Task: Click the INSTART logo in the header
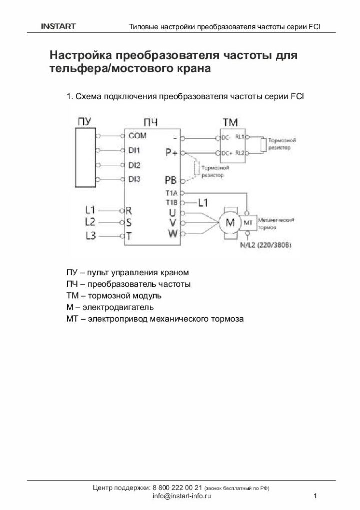point(58,26)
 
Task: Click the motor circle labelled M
point(231,222)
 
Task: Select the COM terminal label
point(137,135)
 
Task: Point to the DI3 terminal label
point(134,179)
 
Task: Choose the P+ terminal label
point(171,152)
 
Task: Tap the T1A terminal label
point(171,192)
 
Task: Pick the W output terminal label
point(172,233)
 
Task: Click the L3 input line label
point(90,236)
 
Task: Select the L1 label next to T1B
point(203,202)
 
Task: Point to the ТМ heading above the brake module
point(230,121)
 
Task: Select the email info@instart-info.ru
point(182,496)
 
